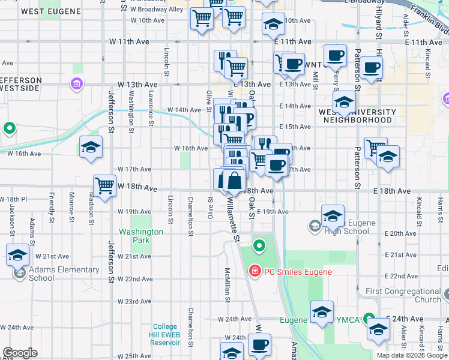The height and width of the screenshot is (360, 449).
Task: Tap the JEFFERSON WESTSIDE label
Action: (x=21, y=84)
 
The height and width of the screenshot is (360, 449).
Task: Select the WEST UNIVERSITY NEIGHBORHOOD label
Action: (x=357, y=116)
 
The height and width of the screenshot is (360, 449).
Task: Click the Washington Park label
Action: (x=141, y=236)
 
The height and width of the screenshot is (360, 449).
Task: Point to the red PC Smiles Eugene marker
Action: (x=255, y=272)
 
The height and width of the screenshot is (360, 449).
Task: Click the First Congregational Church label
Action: (x=403, y=295)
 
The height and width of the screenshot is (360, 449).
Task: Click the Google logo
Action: (x=20, y=353)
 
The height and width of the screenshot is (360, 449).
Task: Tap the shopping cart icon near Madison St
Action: (x=105, y=185)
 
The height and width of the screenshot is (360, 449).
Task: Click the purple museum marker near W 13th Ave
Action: (x=76, y=83)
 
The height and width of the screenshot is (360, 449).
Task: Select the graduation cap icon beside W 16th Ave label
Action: (x=91, y=147)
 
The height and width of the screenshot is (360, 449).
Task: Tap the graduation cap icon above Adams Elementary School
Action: (x=18, y=254)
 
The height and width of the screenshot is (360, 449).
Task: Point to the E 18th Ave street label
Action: (x=391, y=190)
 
